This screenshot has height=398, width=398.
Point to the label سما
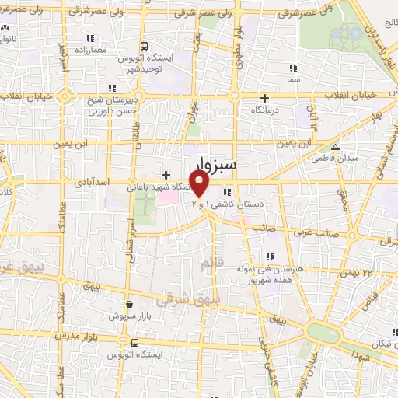coord(292,79)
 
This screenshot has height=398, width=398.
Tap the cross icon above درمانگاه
coord(265,98)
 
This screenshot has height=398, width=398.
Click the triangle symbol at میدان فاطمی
coord(336,148)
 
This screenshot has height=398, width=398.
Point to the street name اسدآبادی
coord(91,184)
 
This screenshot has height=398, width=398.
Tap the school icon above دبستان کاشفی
coord(225,192)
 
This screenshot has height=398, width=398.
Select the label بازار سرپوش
coord(128,316)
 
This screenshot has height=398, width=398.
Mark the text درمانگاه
coord(265,110)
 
